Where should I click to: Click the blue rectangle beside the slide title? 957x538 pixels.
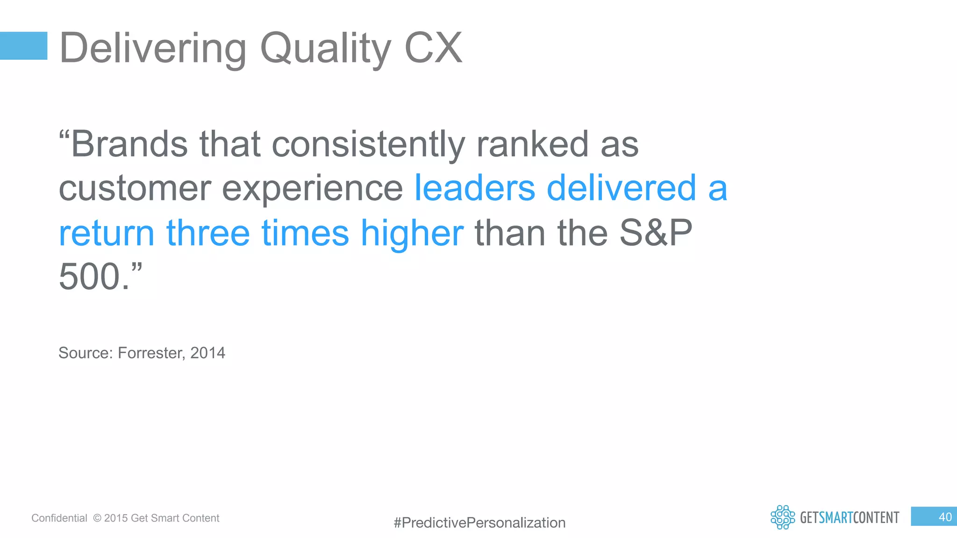pyautogui.click(x=23, y=46)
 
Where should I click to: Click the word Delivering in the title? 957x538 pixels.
pyautogui.click(x=153, y=49)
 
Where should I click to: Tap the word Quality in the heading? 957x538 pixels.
pyautogui.click(x=325, y=49)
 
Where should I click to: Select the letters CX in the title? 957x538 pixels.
pyautogui.click(x=433, y=48)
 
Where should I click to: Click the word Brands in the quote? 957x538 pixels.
pyautogui.click(x=129, y=144)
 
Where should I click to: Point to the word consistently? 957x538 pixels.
pyautogui.click(x=368, y=145)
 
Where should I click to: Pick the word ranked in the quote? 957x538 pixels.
pyautogui.click(x=532, y=144)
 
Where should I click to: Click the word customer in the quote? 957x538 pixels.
pyautogui.click(x=135, y=189)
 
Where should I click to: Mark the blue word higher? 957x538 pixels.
pyautogui.click(x=412, y=234)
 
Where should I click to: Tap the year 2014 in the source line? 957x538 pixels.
pyautogui.click(x=207, y=353)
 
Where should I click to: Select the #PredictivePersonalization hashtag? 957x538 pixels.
pyautogui.click(x=479, y=523)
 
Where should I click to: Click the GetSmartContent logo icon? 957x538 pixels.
pyautogui.click(x=783, y=517)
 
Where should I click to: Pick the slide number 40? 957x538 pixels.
pyautogui.click(x=945, y=517)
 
